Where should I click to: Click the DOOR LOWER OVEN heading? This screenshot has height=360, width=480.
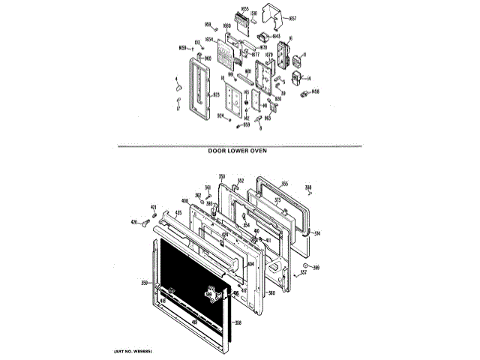(238, 150)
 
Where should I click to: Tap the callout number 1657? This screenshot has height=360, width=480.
(292, 17)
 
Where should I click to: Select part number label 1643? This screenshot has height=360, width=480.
(276, 36)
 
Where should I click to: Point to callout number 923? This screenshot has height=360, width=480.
(216, 95)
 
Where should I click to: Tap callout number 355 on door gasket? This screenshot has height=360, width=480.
(284, 183)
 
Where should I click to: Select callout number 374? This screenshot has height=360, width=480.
(316, 232)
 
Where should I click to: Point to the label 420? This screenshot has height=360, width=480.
(135, 223)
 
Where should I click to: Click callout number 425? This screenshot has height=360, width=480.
(178, 213)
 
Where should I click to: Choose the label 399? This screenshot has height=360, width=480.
(316, 268)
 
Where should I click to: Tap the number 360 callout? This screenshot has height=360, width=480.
(272, 293)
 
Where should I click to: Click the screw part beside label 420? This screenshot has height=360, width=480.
(145, 223)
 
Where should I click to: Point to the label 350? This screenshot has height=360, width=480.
(222, 177)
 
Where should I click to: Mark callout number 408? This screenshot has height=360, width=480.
(184, 201)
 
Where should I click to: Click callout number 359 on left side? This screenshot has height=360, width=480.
(144, 283)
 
